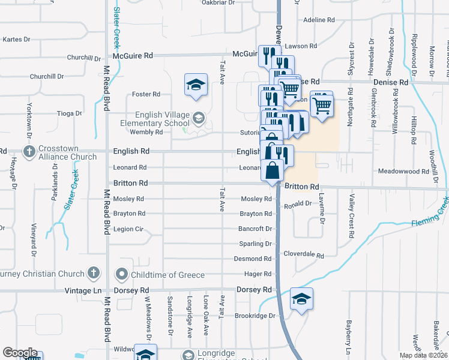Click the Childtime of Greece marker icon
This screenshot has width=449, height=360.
pyautogui.click(x=122, y=275)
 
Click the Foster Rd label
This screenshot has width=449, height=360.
pyautogui.click(x=146, y=94)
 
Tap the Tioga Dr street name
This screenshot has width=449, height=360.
pyautogui.click(x=69, y=113)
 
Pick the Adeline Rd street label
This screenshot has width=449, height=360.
pyautogui.click(x=319, y=20)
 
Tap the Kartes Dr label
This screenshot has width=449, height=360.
pyautogui.click(x=16, y=40)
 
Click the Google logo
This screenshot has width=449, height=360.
pyautogui.click(x=20, y=353)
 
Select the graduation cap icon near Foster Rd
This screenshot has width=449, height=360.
pyautogui.click(x=196, y=85)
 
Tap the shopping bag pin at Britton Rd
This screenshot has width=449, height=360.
pyautogui.click(x=273, y=170)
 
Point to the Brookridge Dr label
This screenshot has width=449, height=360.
pyautogui.click(x=255, y=316)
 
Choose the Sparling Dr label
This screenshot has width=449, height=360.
pyautogui.click(x=256, y=244)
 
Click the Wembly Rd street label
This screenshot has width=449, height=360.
pyautogui.click(x=146, y=132)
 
